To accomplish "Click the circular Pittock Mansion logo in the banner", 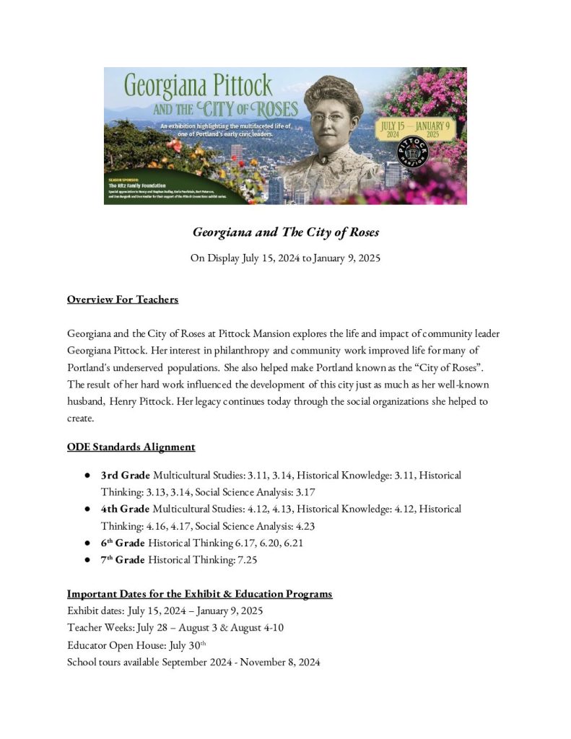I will click(x=414, y=154).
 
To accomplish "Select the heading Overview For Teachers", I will click(x=123, y=299).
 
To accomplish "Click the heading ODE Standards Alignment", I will click(x=131, y=447).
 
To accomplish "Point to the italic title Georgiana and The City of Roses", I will click(x=285, y=232).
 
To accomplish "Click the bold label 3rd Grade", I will click(x=126, y=476).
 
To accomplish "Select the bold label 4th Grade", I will click(x=126, y=509).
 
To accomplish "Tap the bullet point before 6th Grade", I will click(x=87, y=543).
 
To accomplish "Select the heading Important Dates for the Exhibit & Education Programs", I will click(x=199, y=594).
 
